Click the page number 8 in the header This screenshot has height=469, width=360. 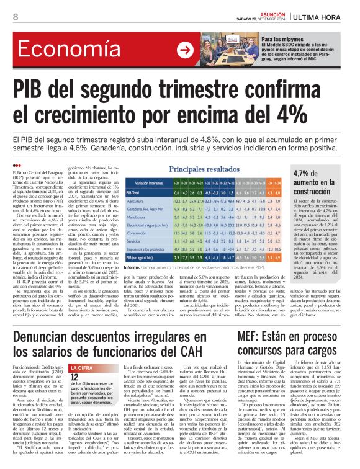(x=15, y=17)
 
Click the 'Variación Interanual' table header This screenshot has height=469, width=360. (x=148, y=184)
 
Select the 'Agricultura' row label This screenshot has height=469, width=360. (x=137, y=202)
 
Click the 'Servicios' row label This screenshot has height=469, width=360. (x=135, y=243)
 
